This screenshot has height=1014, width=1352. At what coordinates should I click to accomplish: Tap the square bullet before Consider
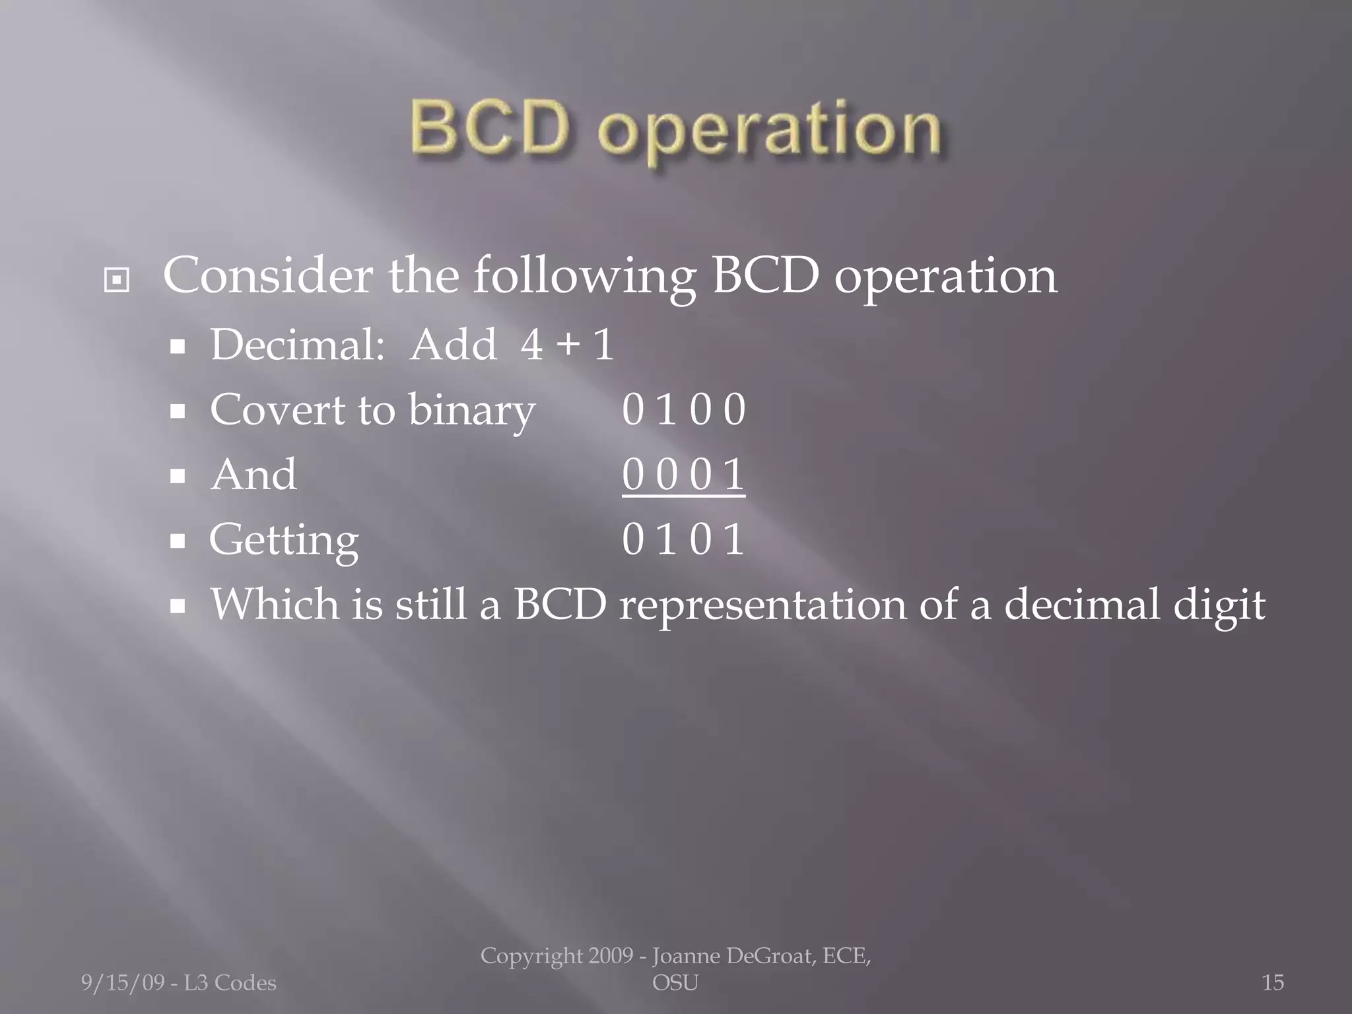coord(117,281)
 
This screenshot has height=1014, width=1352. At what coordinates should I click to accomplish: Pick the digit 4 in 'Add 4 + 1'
coord(531,345)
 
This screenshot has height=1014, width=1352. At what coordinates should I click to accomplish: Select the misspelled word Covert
coord(277,410)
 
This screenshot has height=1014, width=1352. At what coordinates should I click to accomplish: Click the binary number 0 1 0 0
coord(683,410)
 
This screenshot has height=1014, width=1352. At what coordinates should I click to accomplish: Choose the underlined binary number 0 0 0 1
coord(683,475)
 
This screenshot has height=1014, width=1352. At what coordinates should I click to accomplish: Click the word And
coord(253,475)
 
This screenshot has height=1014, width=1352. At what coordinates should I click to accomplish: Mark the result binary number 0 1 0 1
coord(683,539)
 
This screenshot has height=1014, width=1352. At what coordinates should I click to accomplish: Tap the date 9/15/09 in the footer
coord(122,983)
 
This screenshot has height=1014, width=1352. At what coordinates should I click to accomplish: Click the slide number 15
coord(1273,983)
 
